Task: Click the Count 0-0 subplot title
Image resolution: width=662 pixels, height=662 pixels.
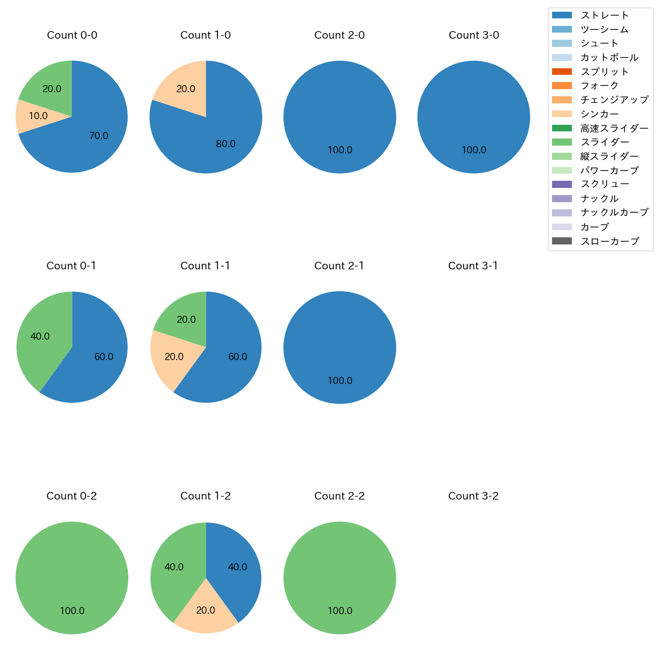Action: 72,35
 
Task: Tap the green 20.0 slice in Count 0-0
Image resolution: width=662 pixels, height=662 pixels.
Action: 48,87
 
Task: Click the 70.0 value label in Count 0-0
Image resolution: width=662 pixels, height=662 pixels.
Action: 99,136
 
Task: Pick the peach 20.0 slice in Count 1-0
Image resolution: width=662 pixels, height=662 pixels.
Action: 183,87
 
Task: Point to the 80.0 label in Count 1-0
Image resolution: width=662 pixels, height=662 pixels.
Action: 226,144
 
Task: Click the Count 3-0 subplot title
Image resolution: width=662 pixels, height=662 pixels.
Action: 474,35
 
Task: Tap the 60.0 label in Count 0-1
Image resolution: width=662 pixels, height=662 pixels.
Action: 104,357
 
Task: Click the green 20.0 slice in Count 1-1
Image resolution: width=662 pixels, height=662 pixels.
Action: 184,318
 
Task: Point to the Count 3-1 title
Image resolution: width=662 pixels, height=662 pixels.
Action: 473,266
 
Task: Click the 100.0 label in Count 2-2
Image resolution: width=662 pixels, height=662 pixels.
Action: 340,611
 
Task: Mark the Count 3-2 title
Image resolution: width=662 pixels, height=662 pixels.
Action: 473,496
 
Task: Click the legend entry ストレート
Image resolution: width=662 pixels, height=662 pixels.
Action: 604,15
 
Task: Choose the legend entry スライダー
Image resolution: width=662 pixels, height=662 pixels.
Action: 604,142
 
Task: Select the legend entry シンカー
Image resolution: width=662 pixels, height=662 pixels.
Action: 599,114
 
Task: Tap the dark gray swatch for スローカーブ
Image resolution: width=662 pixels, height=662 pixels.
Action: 562,241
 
